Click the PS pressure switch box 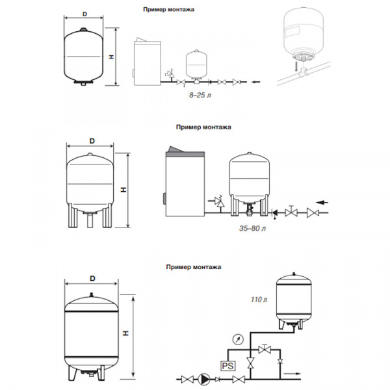click(x=228, y=365)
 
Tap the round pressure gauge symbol click(x=238, y=339)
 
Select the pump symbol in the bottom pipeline click(x=203, y=380)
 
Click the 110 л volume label click(x=259, y=300)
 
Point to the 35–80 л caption click(x=252, y=228)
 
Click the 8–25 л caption click(x=200, y=95)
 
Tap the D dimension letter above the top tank click(x=84, y=14)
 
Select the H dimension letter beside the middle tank click(x=123, y=190)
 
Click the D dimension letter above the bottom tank click(x=92, y=278)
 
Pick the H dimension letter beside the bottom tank click(x=126, y=333)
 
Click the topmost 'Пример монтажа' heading click(x=168, y=10)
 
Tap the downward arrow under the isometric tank click(x=296, y=66)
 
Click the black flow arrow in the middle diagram click(x=322, y=202)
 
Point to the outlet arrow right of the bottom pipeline click(x=292, y=373)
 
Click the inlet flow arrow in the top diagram click(x=256, y=82)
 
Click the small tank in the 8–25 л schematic click(x=196, y=64)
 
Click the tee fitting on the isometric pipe click(x=304, y=72)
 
